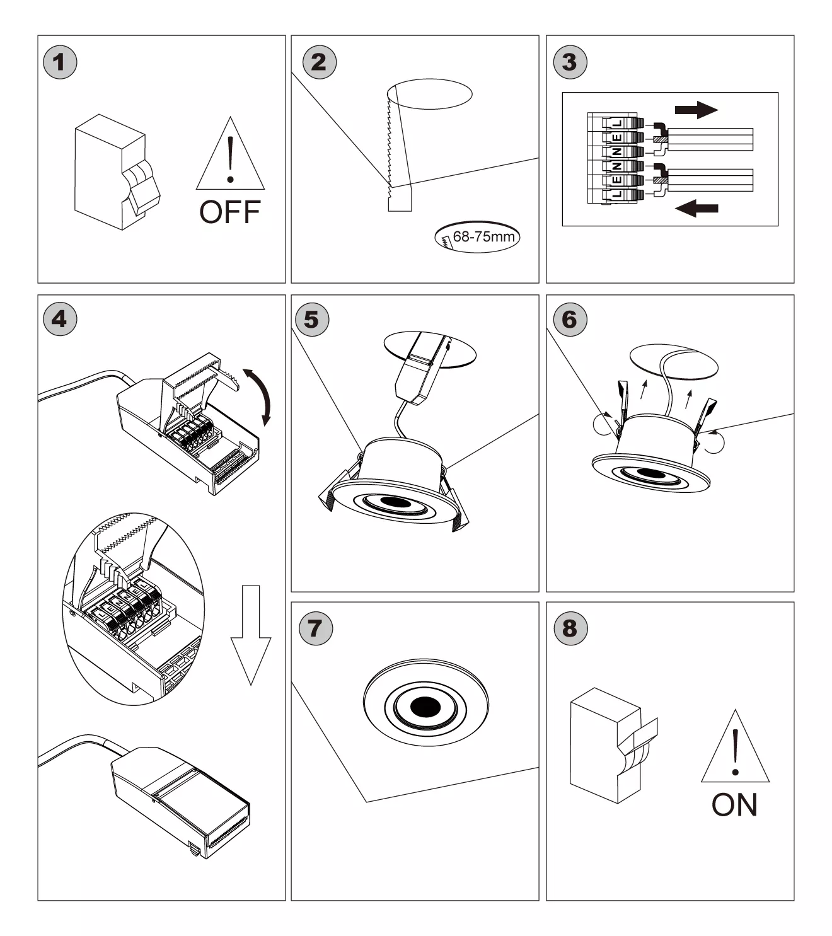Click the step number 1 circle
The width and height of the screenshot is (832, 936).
coord(60,62)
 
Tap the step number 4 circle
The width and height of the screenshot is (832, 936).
coord(60,319)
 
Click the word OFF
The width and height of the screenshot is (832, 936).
coord(230,212)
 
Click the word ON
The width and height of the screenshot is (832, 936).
coord(734,805)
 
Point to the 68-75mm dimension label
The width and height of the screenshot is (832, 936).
coord(478,238)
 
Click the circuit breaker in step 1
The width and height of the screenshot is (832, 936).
coord(117,171)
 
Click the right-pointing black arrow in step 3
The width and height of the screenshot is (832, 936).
coord(696,110)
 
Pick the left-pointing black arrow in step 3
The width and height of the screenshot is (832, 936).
coord(696,207)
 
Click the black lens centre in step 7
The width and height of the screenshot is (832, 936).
coord(424,707)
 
